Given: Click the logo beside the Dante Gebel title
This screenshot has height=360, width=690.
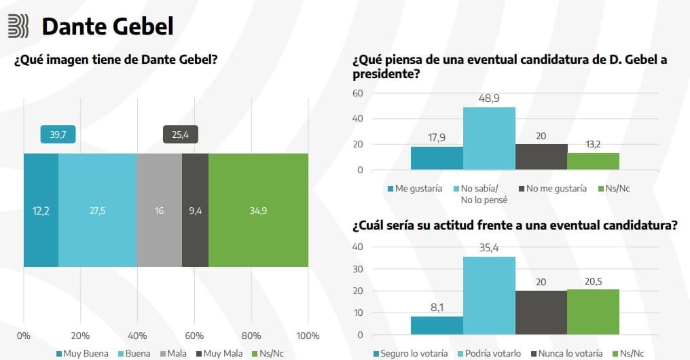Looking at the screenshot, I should pos(18,26).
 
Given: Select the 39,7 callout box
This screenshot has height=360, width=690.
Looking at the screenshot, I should pos(58,134).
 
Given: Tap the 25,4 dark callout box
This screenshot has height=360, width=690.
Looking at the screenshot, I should pos(180,134).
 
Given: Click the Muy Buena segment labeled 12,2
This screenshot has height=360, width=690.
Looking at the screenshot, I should pos(41,211).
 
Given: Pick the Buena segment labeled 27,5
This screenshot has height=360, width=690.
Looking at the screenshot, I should pos(97,211).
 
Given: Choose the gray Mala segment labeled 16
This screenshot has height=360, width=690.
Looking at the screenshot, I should pos(159,211).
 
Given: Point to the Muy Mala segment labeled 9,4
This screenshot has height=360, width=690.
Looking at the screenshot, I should pos(195,211).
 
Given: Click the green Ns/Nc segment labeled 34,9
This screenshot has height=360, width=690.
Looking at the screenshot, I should pos(258,211).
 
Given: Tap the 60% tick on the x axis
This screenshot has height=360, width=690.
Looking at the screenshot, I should pos(194,336).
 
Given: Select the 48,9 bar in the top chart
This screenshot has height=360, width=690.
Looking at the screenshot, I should pos(489,139).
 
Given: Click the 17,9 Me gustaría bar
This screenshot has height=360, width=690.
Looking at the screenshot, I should pos(437,158).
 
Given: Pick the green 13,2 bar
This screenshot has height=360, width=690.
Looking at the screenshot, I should pos(593,161).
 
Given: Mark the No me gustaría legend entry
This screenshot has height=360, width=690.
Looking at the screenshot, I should pos(551,189).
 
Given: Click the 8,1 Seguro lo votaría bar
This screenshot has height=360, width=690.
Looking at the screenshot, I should pos(437,325).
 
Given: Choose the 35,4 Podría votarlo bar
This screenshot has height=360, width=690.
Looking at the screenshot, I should pos(489,295).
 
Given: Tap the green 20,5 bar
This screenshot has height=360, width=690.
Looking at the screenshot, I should pos(593,312).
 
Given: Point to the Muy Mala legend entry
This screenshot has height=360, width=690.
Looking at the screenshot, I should pos(219,354).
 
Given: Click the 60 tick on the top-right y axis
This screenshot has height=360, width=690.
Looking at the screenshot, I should pos(359,93).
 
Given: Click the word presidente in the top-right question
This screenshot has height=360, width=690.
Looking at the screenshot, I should pos(384,74).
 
